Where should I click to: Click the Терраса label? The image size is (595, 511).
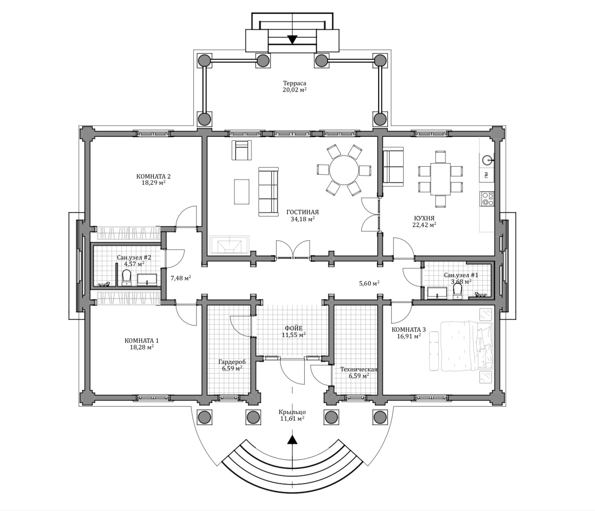coord(294,83)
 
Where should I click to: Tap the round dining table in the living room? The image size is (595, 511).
coord(344,170)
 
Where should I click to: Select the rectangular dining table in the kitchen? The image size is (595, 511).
coord(440,179)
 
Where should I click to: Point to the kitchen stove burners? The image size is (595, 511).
coord(487,199)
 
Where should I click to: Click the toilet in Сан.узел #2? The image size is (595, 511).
coord(126,278)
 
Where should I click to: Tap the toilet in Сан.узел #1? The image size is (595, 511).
coord(457,291)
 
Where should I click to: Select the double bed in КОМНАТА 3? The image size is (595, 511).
coord(467,346)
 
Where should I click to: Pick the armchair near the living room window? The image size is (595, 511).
coord(242,150)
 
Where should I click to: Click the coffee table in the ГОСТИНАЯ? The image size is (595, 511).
coord(242,191)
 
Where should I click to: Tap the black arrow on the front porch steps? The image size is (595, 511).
coord(292,440)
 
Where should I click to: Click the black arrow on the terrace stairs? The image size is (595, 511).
coord(292,39)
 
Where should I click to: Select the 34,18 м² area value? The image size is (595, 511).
coord(303,219)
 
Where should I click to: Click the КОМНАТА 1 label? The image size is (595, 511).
coord(142,341)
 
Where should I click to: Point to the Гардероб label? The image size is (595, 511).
coord(232,362)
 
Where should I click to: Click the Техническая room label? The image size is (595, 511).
coord(359,369)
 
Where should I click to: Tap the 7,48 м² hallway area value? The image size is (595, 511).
coord(181,278)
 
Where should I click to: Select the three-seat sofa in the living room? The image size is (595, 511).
coord(268,191)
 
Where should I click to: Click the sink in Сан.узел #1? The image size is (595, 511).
coord(437,293)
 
